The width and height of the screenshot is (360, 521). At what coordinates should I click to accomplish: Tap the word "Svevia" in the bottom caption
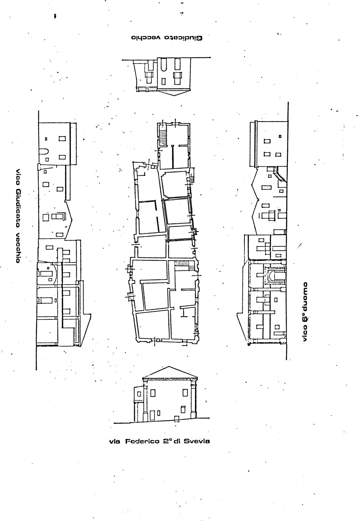point(197,441)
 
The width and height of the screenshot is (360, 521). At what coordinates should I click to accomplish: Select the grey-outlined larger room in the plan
point(177,211)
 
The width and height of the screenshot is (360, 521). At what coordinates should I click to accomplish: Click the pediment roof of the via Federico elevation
point(169,372)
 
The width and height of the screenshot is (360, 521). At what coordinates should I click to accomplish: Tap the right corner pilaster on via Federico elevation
point(193,398)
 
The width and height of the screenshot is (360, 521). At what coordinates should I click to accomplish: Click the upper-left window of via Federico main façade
point(153,393)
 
